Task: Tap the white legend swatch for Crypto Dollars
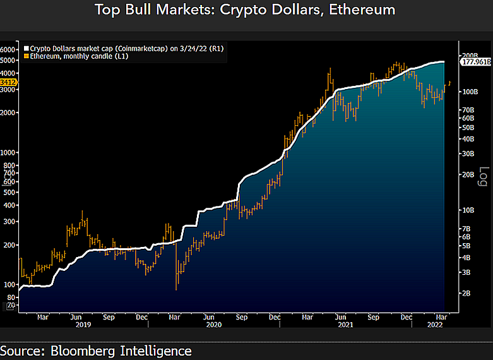(x=26, y=48)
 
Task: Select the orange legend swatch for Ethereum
(x=26, y=56)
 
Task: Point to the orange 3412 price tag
(x=8, y=82)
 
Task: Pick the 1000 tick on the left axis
(x=8, y=153)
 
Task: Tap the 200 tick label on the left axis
(x=9, y=245)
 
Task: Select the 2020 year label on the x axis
(x=215, y=326)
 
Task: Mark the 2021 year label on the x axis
(x=346, y=326)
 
